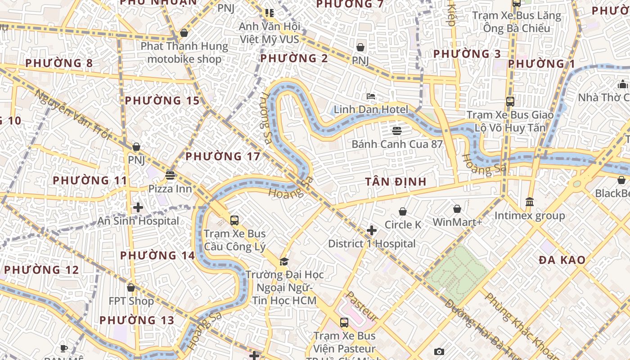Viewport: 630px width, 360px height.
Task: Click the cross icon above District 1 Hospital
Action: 371,231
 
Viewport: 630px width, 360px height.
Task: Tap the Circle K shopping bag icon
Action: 403,211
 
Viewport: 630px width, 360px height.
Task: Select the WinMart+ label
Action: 457,222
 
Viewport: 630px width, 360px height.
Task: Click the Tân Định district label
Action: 396,182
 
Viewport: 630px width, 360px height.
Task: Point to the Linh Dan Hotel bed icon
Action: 371,96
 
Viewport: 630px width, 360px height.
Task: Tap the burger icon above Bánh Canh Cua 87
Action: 396,131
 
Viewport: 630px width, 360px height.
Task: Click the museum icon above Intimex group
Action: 530,202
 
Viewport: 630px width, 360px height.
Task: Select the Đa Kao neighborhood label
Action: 562,260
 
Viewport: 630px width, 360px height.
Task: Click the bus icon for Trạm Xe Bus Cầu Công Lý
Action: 234,220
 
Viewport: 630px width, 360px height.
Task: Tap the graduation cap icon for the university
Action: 284,261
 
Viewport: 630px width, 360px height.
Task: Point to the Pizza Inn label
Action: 170,189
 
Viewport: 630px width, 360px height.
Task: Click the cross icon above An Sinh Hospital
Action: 138,207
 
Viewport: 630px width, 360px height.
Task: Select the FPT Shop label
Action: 131,301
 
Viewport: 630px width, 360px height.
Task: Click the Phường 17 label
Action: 223,157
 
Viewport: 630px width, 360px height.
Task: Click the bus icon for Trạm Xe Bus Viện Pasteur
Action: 344,322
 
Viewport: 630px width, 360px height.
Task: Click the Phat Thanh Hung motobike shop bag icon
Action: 184,33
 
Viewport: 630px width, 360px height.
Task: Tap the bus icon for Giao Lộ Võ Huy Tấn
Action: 510,102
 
